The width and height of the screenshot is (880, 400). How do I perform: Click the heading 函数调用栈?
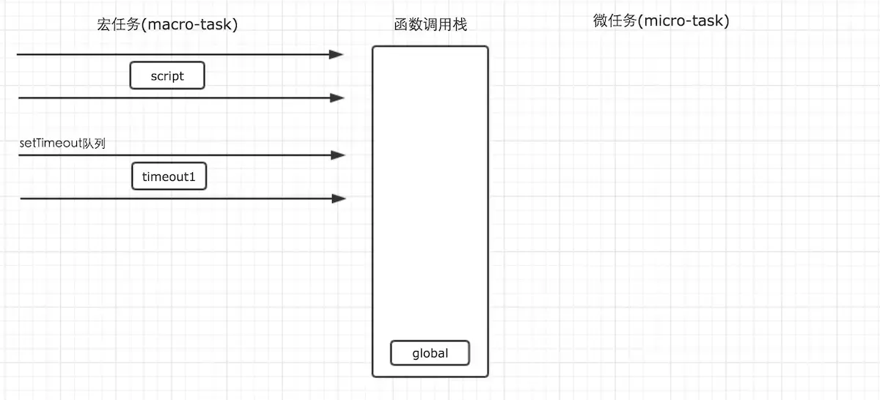[430, 26]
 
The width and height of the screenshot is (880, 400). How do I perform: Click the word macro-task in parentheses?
[188, 24]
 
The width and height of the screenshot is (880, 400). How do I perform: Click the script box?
[167, 75]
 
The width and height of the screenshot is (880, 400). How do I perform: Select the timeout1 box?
[169, 177]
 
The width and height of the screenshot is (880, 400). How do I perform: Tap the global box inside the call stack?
[430, 353]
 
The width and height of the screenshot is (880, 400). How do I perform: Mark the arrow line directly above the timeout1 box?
[176, 155]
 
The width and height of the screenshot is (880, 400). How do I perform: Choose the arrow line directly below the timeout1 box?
[176, 198]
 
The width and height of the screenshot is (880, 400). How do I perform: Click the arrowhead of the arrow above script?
[337, 54]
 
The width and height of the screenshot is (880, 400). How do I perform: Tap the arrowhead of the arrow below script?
[337, 97]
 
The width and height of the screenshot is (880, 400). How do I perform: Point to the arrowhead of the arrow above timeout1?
[338, 155]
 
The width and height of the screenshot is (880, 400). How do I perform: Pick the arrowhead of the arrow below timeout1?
[339, 198]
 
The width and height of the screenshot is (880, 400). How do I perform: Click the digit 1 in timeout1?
[194, 177]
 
